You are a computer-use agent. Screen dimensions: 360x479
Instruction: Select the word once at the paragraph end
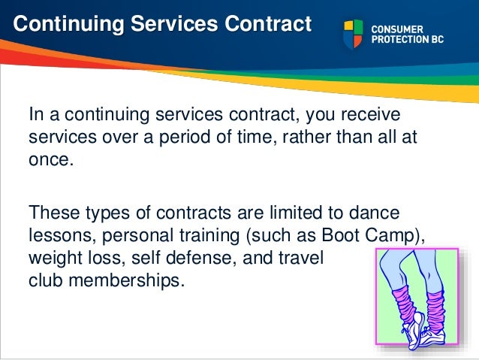50,161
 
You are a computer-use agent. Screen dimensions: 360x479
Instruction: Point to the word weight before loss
51,257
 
